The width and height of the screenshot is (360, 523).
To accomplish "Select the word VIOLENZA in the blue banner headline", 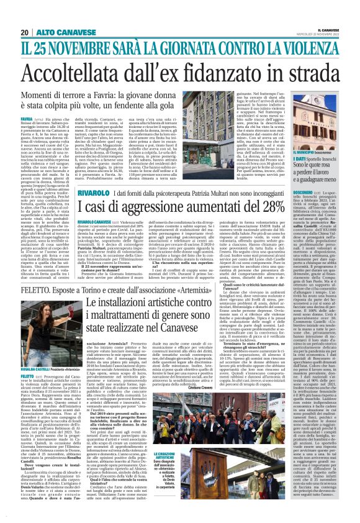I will point(317,46).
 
